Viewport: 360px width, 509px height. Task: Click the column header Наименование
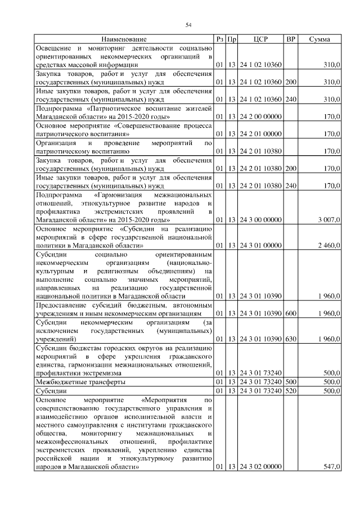click(x=124, y=39)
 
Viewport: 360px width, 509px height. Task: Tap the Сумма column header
click(x=319, y=39)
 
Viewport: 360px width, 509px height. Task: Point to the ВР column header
click(x=291, y=39)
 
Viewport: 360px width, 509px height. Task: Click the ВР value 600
click(x=291, y=313)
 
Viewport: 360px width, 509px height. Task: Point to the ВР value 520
click(x=291, y=390)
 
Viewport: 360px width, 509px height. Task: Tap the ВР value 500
click(x=291, y=381)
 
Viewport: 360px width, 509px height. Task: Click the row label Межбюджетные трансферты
click(x=80, y=381)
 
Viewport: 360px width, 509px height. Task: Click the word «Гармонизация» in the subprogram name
click(x=119, y=194)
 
